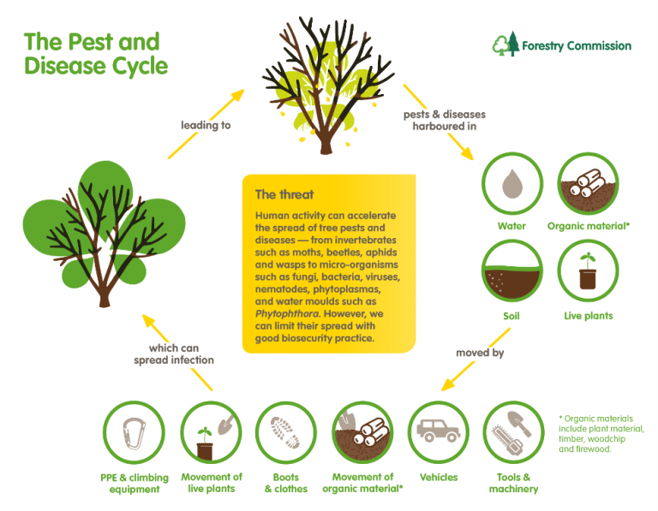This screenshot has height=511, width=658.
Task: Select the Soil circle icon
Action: [x=511, y=272]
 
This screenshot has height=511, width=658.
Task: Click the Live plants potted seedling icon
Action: [x=589, y=272]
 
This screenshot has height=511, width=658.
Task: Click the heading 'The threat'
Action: [x=284, y=194]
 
